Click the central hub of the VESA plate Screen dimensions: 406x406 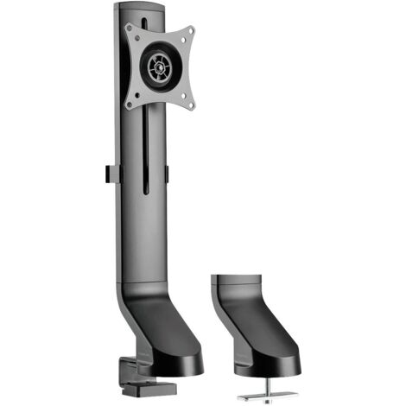click(x=159, y=64)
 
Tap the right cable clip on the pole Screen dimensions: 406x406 click(x=167, y=173)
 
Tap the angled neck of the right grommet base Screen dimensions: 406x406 click(x=251, y=324)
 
